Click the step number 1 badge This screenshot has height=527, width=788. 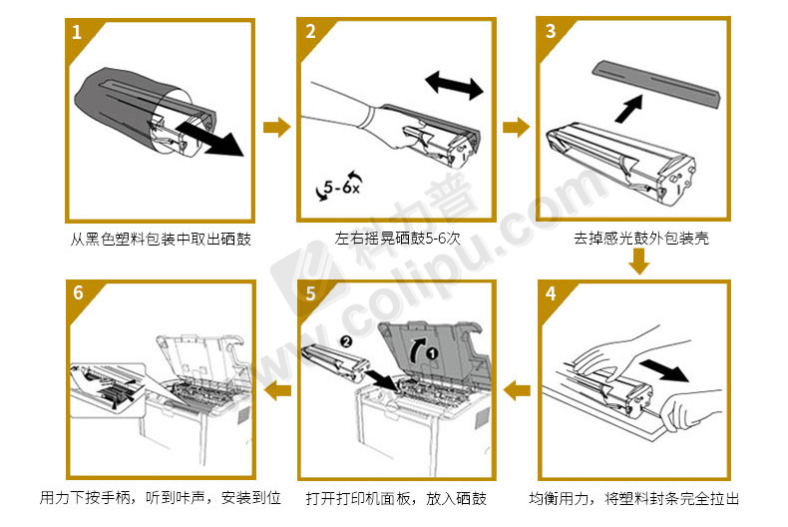pos(77,31)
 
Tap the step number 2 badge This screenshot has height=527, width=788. pos(310,31)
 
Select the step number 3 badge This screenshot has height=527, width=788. pos(551,31)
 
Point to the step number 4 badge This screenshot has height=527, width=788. pos(551,294)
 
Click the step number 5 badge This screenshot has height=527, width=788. pos(310,294)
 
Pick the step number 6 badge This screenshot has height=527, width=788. pos(77,294)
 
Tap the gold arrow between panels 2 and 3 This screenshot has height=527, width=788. pos(516,127)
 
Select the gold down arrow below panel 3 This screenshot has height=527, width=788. pos(638,262)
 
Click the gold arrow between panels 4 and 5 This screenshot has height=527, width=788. pos(516,389)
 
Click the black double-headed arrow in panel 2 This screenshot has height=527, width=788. pos(454,85)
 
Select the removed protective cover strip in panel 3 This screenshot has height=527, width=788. pos(655,82)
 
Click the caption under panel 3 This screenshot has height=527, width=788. pos(640,240)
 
